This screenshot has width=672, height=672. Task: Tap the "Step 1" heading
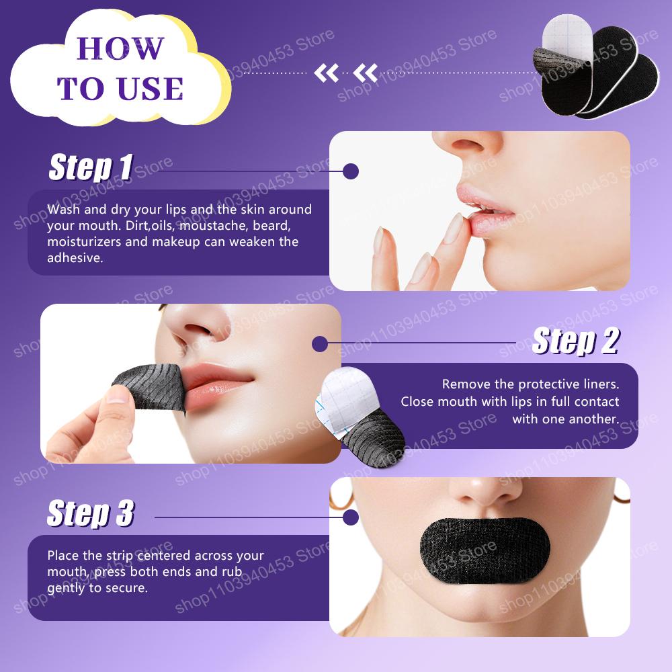click(x=90, y=167)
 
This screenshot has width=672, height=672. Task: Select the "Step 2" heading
click(x=575, y=341)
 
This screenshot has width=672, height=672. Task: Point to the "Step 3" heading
click(x=90, y=513)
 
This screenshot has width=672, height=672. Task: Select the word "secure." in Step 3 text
click(x=128, y=588)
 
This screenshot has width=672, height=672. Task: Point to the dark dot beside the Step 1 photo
click(x=350, y=171)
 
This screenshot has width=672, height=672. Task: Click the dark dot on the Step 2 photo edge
click(x=320, y=345)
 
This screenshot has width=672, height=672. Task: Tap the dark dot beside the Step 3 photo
click(x=350, y=517)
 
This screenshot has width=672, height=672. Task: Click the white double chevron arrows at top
click(x=347, y=72)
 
